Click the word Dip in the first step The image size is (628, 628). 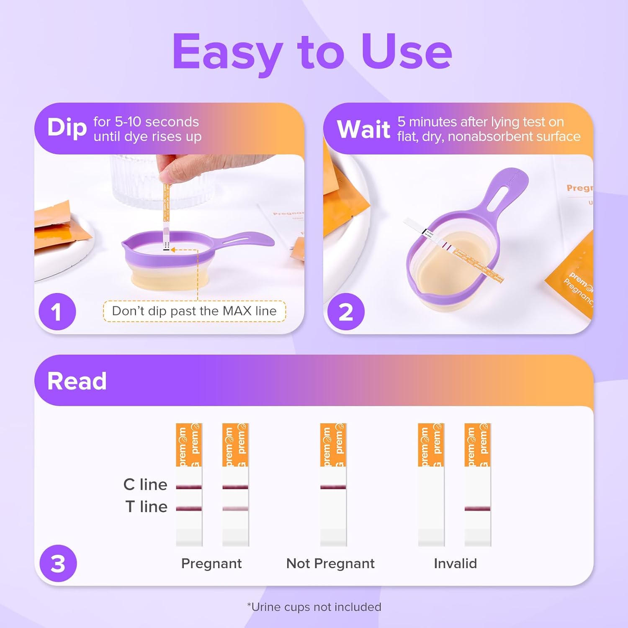[x=67, y=128]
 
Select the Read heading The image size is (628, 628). [x=77, y=381]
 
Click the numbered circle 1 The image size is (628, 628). [x=57, y=312]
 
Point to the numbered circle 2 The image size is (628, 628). [x=346, y=312]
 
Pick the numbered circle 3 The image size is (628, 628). [x=58, y=563]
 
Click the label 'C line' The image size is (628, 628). [x=145, y=484]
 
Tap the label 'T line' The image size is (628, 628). [x=146, y=507]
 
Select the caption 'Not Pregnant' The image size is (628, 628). [x=330, y=564]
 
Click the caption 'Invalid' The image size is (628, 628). [x=455, y=564]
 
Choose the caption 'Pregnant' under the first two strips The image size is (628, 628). [x=211, y=564]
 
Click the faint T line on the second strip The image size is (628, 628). [x=235, y=509]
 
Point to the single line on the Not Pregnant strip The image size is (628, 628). [x=333, y=487]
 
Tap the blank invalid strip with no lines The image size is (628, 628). [x=431, y=502]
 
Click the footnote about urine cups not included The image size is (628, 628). [x=314, y=607]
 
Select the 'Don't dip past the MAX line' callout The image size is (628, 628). [x=194, y=311]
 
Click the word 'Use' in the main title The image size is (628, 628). [x=406, y=52]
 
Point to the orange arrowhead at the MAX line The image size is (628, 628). [x=172, y=250]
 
